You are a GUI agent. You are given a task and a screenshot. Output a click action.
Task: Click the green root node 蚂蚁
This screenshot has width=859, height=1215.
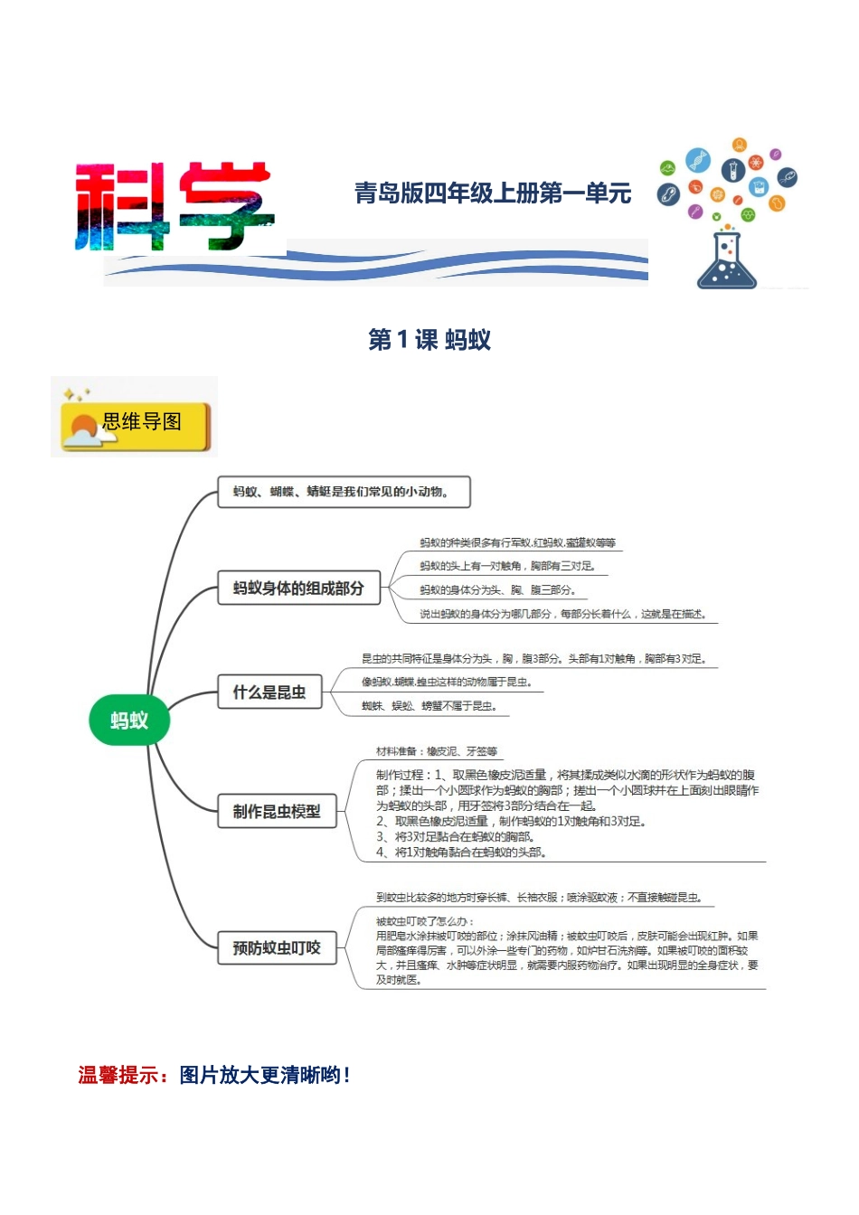pyautogui.click(x=129, y=721)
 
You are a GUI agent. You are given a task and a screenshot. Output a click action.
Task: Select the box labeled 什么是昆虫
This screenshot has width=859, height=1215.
pyautogui.click(x=269, y=692)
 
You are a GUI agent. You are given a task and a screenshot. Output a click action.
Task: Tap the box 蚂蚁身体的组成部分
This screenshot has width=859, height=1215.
pyautogui.click(x=298, y=588)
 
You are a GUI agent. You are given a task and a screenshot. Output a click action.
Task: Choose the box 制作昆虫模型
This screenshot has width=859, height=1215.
pyautogui.click(x=277, y=811)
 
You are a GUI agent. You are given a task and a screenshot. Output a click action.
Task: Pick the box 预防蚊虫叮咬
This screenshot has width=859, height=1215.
pyautogui.click(x=277, y=947)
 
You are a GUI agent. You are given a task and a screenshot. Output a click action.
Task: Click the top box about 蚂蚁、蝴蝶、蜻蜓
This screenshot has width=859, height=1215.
pyautogui.click(x=344, y=492)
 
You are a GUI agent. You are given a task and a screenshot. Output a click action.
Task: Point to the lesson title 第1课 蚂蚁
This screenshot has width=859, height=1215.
pyautogui.click(x=429, y=340)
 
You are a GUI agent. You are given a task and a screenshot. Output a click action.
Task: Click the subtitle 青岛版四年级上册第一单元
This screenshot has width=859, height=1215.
pyautogui.click(x=492, y=193)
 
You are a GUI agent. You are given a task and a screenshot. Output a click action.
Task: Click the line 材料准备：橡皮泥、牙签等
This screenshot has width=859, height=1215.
pyautogui.click(x=437, y=751)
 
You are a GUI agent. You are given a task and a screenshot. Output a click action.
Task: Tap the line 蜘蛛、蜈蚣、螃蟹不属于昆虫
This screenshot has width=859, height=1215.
pyautogui.click(x=429, y=706)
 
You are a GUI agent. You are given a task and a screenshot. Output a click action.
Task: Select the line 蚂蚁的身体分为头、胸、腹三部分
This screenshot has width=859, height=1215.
pyautogui.click(x=497, y=590)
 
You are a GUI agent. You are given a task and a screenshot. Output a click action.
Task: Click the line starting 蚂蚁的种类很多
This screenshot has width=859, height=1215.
pyautogui.click(x=517, y=543)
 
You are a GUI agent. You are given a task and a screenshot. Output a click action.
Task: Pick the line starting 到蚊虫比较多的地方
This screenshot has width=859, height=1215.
pyautogui.click(x=539, y=898)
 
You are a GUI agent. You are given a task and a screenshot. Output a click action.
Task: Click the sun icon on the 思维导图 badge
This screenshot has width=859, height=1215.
pyautogui.click(x=83, y=428)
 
